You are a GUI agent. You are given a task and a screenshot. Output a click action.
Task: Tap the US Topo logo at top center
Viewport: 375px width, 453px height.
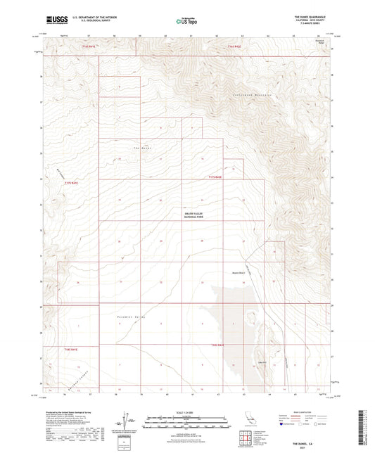coord(186,22)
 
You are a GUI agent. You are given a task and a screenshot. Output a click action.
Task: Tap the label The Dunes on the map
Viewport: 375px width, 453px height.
coord(142,148)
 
